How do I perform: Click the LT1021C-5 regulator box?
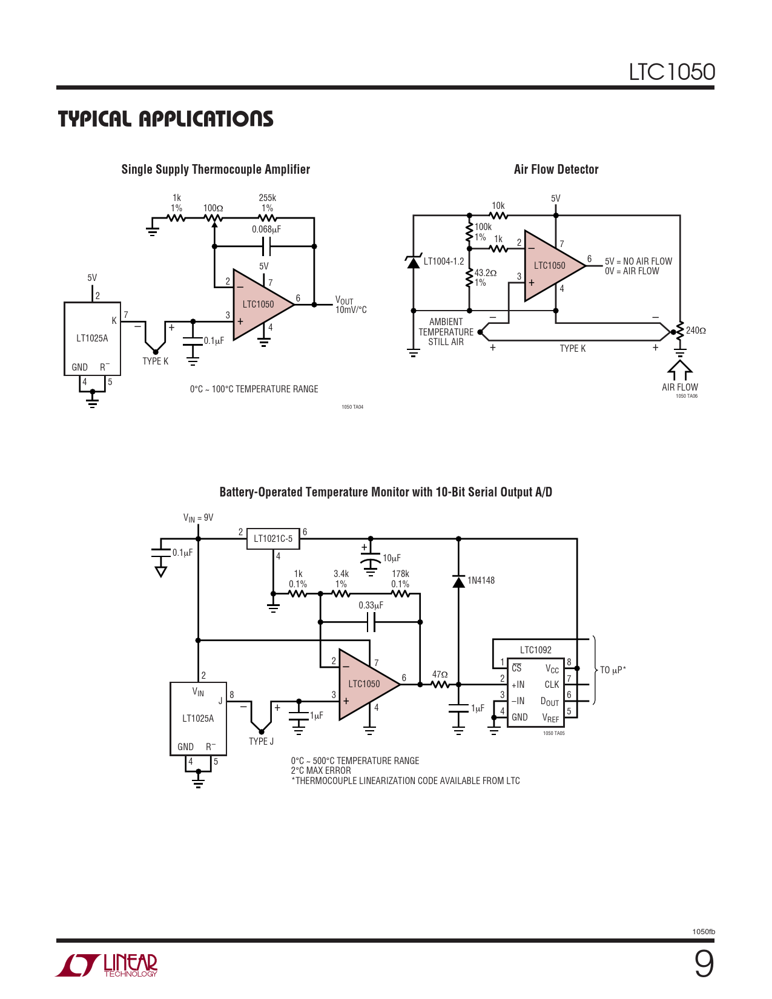click(273, 538)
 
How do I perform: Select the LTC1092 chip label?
click(535, 650)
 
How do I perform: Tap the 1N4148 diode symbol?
click(459, 581)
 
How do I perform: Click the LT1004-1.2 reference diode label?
click(444, 262)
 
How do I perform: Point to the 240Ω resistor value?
click(696, 331)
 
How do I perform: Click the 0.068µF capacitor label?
click(266, 229)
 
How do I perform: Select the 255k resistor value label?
click(267, 198)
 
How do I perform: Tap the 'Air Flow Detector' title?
click(556, 170)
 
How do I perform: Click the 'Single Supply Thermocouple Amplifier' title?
click(216, 170)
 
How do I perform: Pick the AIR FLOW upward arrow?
click(680, 370)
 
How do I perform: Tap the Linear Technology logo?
click(107, 965)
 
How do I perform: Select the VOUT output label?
click(344, 300)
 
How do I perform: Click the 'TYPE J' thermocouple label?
click(261, 742)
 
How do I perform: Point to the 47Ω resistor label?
click(440, 674)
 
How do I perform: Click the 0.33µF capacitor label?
click(371, 605)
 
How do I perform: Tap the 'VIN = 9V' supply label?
click(198, 518)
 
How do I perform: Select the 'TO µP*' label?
click(613, 670)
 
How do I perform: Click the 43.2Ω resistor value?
click(485, 273)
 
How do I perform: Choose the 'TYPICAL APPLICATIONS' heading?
click(166, 119)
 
